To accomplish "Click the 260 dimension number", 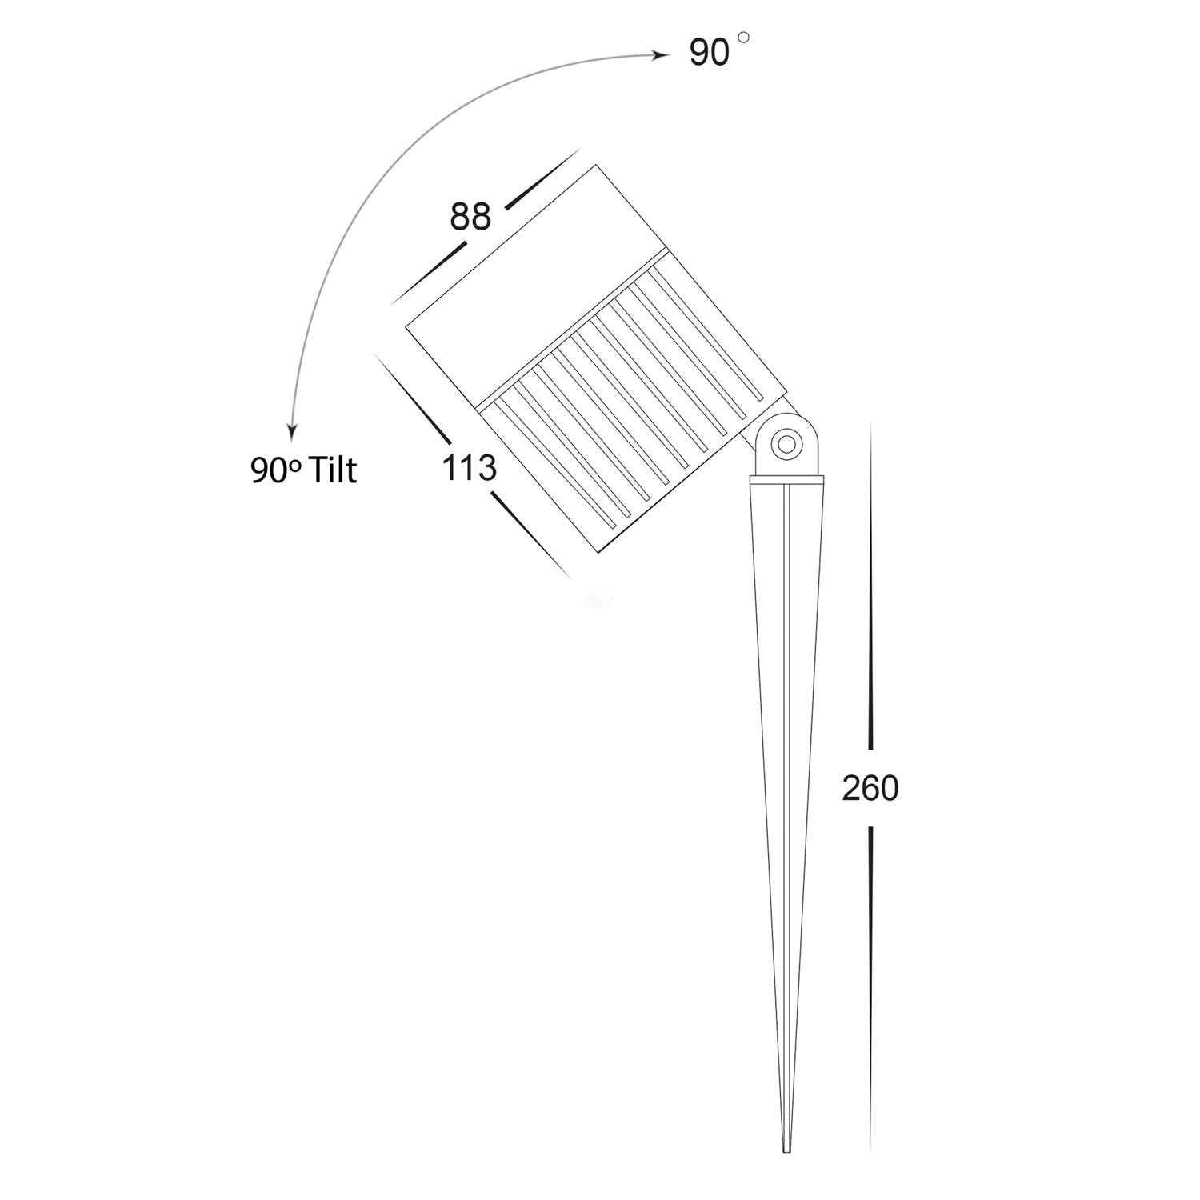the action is coord(870,790).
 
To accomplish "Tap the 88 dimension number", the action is coord(470,217).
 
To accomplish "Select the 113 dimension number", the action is coord(470,469).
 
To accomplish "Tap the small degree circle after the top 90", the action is coord(744,38).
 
